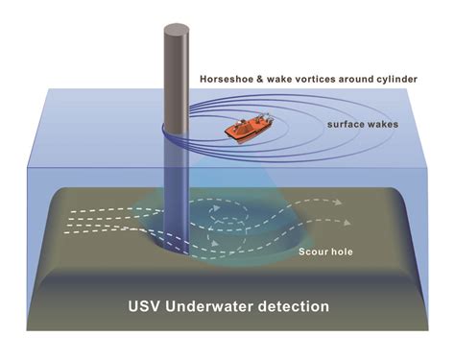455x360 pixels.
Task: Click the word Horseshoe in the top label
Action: pyautogui.click(x=227, y=77)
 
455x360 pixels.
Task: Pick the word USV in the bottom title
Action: pyautogui.click(x=147, y=307)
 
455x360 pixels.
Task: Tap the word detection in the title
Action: pyautogui.click(x=295, y=307)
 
